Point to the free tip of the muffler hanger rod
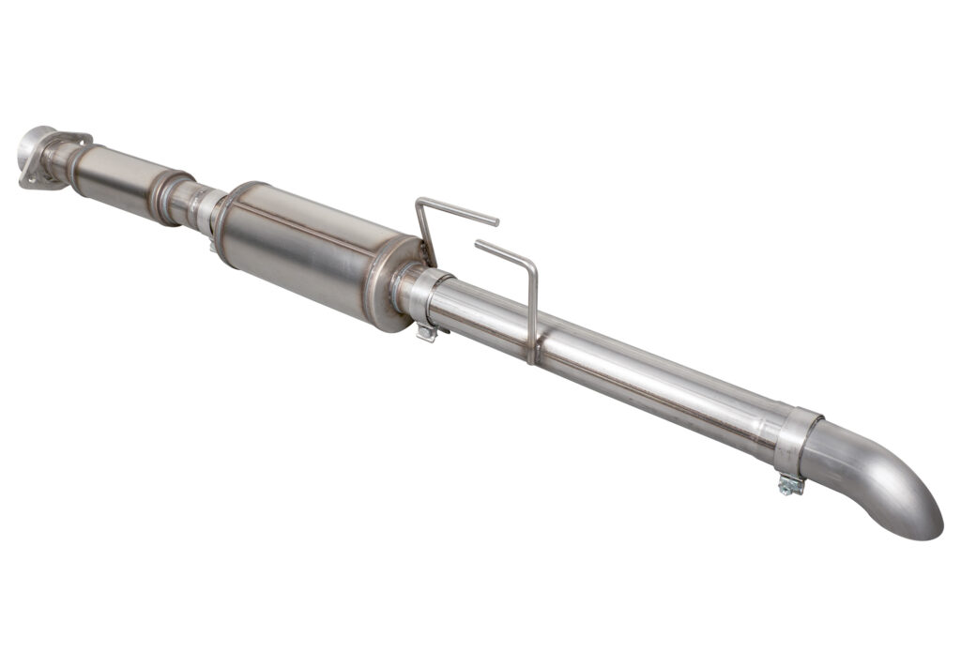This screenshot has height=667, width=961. (x=496, y=222)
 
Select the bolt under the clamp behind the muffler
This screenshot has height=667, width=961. (x=427, y=331)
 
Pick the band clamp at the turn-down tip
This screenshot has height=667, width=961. (x=794, y=441)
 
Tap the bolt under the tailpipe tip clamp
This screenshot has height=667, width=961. (x=790, y=485)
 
